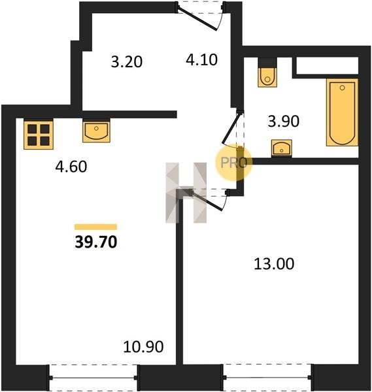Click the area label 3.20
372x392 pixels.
click(x=127, y=62)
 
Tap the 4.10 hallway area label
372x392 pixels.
click(x=201, y=60)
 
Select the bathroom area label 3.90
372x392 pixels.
click(x=284, y=122)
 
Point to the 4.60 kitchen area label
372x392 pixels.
click(x=71, y=167)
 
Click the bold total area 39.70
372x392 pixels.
click(x=96, y=242)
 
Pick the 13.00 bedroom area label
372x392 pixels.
click(x=274, y=264)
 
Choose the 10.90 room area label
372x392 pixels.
click(x=143, y=346)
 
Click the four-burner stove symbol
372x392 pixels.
click(x=39, y=135)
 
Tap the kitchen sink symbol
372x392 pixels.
click(x=96, y=131)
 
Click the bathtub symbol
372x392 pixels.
click(x=342, y=112)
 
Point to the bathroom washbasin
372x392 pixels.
click(x=282, y=148)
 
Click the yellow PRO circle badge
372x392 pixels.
click(x=233, y=163)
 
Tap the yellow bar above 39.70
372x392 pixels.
click(x=96, y=227)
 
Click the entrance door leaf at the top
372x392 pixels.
click(x=197, y=20)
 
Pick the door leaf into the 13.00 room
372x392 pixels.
click(x=206, y=201)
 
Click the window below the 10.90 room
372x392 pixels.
click(x=93, y=378)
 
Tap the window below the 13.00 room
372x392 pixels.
click(x=267, y=377)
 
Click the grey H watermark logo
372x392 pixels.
click(x=186, y=193)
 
